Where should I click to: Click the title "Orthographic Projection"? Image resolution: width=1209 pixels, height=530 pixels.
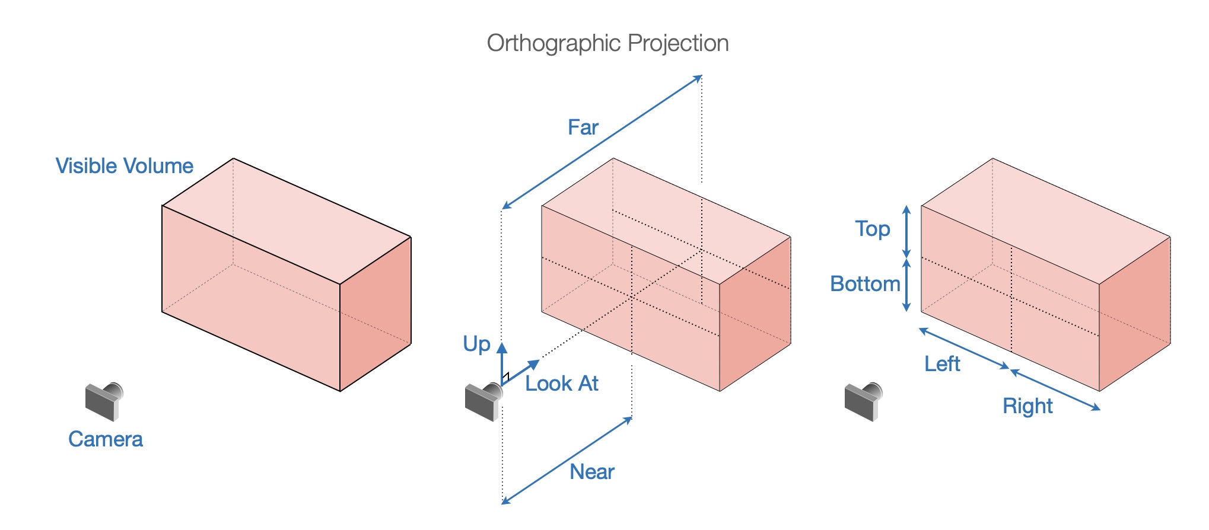[607, 43]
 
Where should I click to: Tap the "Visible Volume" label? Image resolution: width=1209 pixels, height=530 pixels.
[124, 166]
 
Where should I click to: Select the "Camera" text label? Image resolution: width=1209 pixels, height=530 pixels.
[106, 439]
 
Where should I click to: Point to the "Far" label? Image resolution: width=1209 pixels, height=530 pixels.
[583, 127]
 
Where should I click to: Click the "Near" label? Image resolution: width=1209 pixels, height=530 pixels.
[591, 472]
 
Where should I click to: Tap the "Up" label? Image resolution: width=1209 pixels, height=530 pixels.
[476, 344]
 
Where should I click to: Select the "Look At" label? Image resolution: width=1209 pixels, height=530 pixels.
[561, 384]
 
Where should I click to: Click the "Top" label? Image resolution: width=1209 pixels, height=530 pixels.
[872, 229]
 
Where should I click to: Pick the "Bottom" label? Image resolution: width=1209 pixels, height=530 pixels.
[865, 284]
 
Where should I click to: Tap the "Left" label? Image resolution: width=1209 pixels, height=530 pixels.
[942, 363]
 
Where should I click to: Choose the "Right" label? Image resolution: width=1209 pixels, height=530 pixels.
[1027, 406]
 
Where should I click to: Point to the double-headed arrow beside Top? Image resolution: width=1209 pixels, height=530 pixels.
[906, 231]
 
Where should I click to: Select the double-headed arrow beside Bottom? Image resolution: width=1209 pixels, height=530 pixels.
[906, 285]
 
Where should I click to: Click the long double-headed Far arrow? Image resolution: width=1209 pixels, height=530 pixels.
[602, 142]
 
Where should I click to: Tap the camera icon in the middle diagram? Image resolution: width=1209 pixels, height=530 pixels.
[483, 401]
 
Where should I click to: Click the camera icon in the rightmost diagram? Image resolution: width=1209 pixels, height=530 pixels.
[863, 401]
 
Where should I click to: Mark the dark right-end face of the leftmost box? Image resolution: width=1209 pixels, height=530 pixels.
[376, 314]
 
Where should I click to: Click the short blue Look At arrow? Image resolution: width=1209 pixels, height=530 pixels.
[521, 373]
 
